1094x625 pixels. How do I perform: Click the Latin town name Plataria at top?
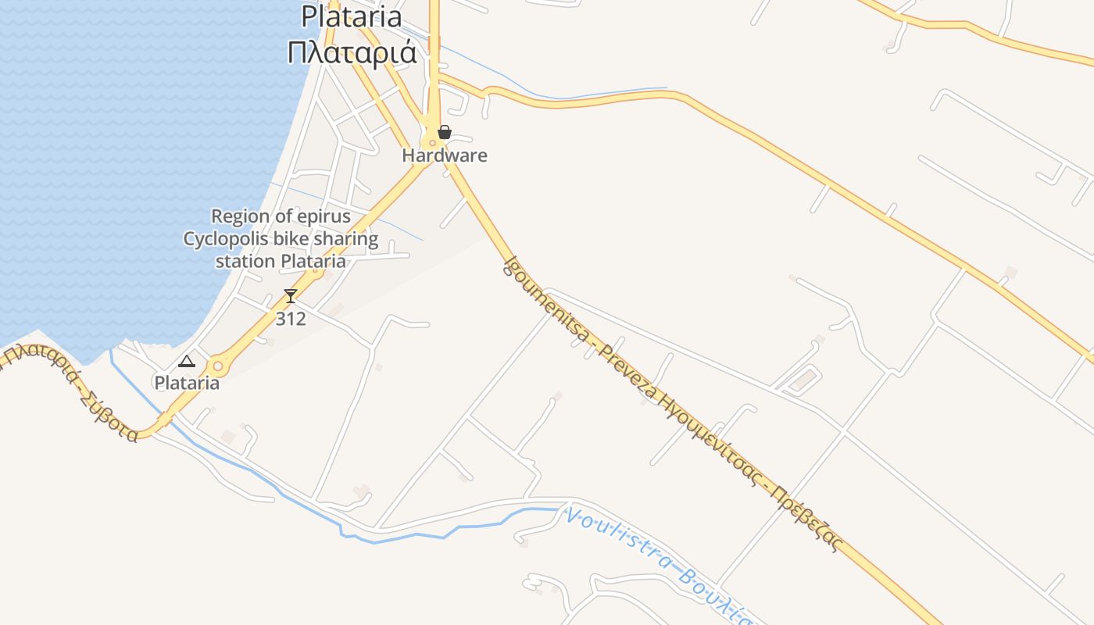tap(352, 16)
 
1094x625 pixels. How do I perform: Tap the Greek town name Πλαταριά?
tap(352, 53)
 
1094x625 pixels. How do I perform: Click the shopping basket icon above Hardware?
tap(444, 132)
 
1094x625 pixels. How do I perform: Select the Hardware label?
tap(444, 155)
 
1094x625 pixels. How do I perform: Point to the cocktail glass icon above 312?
tap(291, 296)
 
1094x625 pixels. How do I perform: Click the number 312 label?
tap(291, 319)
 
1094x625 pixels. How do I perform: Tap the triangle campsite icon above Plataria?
tap(186, 361)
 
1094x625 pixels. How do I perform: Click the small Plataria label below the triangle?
tap(186, 384)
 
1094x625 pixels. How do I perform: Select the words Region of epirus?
tap(281, 216)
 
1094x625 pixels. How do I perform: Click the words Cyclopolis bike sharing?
tap(281, 238)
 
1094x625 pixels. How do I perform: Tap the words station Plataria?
tap(281, 261)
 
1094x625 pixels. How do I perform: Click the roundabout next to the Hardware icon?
tap(431, 142)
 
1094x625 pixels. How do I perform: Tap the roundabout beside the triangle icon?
tap(217, 366)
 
